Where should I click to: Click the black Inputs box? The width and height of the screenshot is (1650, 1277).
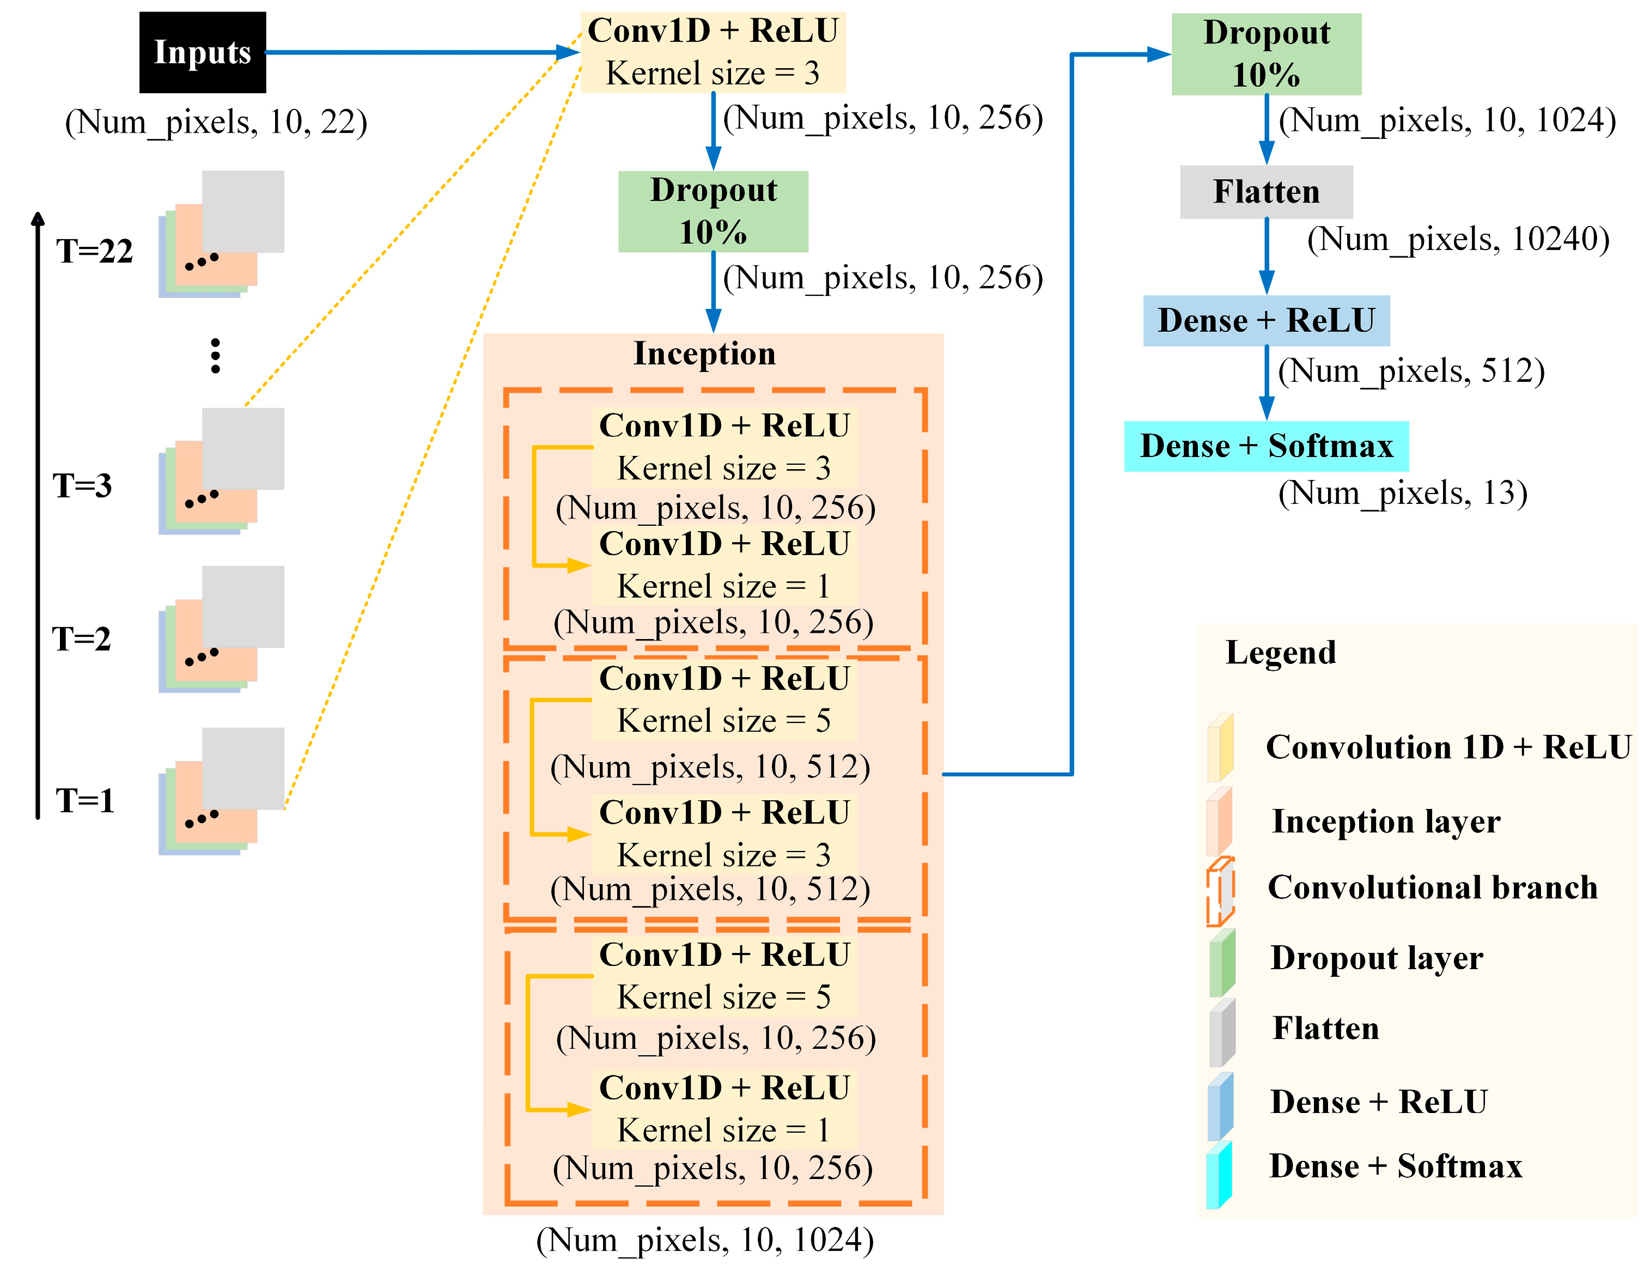click(x=203, y=52)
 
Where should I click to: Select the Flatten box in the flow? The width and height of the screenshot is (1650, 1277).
click(x=1265, y=192)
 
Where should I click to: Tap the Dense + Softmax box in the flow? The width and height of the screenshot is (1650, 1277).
click(x=1265, y=446)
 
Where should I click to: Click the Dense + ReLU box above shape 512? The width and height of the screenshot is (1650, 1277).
click(x=1265, y=320)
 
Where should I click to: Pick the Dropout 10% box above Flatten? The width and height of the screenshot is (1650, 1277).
click(x=1265, y=53)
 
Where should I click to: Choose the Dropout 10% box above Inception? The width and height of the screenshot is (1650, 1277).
click(x=713, y=211)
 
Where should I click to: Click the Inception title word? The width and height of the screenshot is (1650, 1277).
click(x=704, y=354)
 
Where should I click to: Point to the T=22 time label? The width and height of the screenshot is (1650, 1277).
click(x=94, y=251)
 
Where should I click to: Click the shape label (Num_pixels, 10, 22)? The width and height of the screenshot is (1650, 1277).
click(x=216, y=121)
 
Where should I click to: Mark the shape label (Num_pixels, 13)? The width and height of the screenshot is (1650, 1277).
click(x=1402, y=492)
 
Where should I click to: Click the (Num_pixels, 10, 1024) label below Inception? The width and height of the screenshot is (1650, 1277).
click(x=704, y=1240)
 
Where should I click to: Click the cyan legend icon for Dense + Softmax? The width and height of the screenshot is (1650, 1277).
click(x=1219, y=1175)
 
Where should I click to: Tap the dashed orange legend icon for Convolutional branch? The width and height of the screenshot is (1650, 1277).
click(x=1219, y=892)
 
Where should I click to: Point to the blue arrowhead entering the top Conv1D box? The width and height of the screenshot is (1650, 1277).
click(x=568, y=52)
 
